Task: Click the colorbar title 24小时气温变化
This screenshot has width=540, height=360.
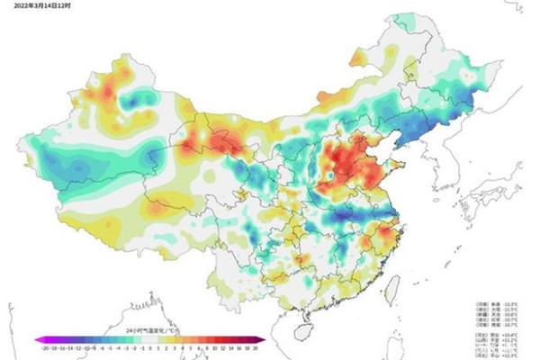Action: pyautogui.click(x=149, y=331)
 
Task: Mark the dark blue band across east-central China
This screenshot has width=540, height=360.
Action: pyautogui.click(x=355, y=216)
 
